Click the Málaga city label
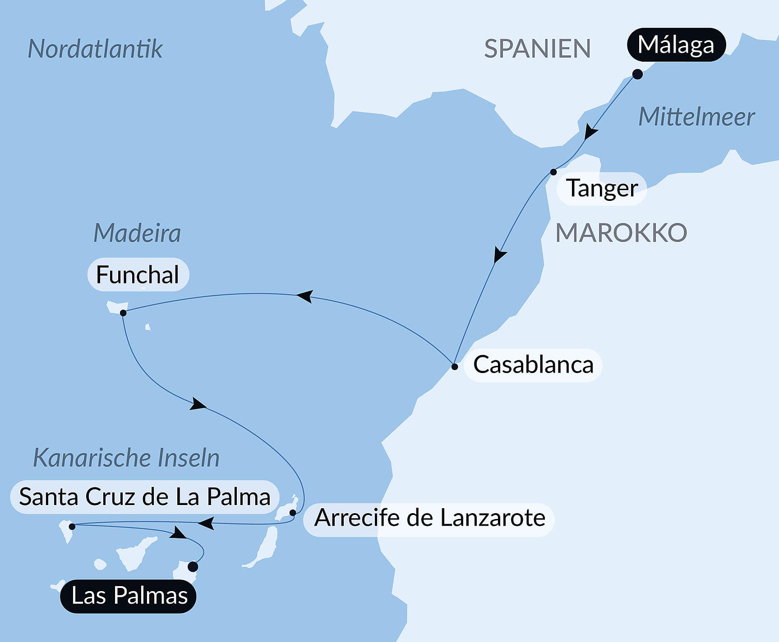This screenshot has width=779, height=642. pos(676,45)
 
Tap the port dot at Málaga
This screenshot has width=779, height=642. pos(637,74)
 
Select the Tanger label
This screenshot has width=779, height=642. pos(602,188)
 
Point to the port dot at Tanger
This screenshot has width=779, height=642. pos(553,172)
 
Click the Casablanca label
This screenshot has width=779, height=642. pos(533,365)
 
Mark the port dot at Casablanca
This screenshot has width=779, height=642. pos(455,367)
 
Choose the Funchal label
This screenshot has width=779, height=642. pos(138,275)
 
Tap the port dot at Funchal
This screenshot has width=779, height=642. pos(123,313)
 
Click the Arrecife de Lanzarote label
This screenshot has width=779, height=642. pos(429,518)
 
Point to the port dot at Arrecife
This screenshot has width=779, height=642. pos(293,513)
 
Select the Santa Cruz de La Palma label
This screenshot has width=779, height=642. pos(145,497)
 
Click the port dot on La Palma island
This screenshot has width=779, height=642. pos(72,527)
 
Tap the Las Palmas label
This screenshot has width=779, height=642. pos(129,596)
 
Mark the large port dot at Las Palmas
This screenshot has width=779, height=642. pos(193,566)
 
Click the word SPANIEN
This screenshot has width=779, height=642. pos(537,49)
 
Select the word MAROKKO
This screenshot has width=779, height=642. pos(621,233)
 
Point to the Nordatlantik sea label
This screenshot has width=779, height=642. pos(95,49)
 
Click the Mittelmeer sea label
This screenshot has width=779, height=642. pos(696,117)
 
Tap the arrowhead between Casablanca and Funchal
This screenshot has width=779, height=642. pos(304,296)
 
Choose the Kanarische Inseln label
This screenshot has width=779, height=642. pos(126,458)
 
